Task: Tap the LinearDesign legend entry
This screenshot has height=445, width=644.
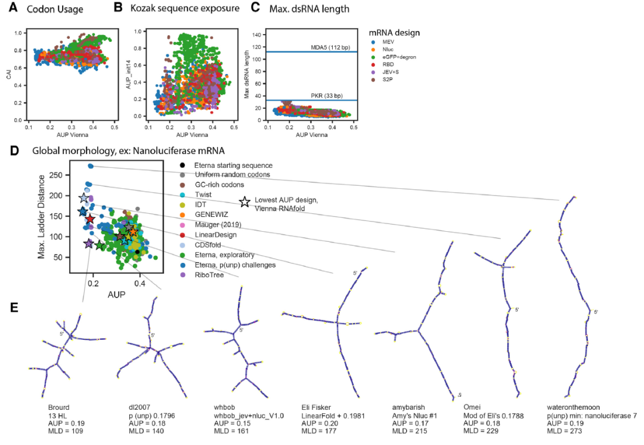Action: tap(216, 235)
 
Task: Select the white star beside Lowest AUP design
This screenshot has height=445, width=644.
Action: tap(244, 202)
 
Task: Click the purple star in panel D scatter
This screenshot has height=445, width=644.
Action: tap(89, 244)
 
